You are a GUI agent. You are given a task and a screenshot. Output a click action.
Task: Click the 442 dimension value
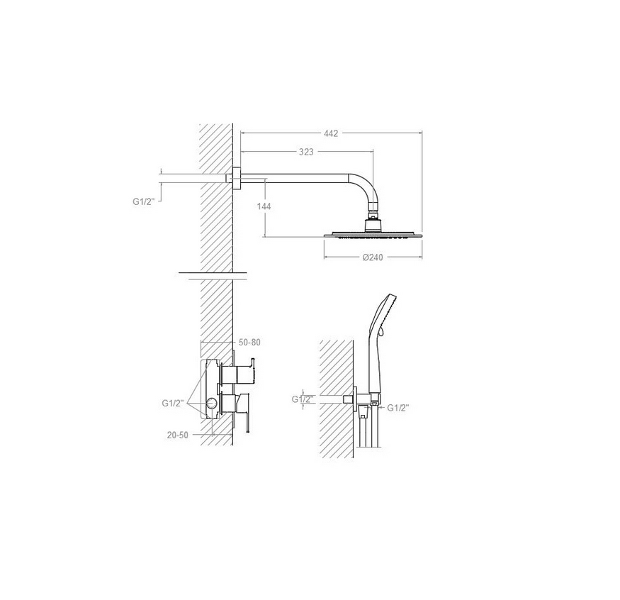(x=331, y=133)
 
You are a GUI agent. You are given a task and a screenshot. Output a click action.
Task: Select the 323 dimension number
(x=306, y=152)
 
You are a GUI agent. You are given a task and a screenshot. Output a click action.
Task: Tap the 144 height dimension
(x=264, y=206)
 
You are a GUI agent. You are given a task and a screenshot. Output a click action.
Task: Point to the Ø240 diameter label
(x=373, y=257)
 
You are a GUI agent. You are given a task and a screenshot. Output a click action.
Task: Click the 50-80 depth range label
(x=249, y=343)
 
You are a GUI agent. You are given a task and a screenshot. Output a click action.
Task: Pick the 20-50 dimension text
(x=178, y=435)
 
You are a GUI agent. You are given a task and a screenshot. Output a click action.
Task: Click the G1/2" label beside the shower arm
(x=142, y=201)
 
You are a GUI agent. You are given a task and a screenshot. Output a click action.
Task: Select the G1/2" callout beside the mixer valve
(x=173, y=404)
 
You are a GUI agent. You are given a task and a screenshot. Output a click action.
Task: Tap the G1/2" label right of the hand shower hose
(x=398, y=408)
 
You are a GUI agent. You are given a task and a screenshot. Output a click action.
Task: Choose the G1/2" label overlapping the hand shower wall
(x=303, y=399)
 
